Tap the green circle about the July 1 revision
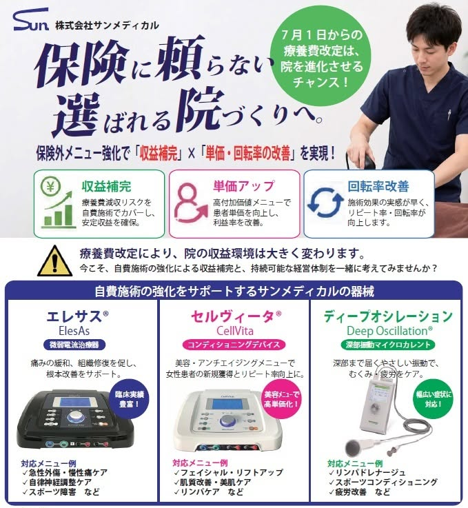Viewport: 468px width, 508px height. [x=321, y=56]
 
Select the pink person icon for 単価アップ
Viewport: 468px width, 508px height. [x=190, y=203]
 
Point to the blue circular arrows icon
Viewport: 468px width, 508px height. [x=325, y=202]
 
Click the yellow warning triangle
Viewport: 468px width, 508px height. [x=54, y=261]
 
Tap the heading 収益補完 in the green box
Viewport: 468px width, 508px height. [x=106, y=187]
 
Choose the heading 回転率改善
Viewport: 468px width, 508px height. [x=378, y=186]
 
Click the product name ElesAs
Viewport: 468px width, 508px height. [x=74, y=331]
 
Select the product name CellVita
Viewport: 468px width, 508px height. [x=235, y=331]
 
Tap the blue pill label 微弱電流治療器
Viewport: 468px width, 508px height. [x=74, y=345]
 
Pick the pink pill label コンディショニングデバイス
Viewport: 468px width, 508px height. [x=234, y=345]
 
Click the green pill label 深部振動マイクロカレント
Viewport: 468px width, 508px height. [x=388, y=345]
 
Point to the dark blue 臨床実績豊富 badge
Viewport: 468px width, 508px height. [x=129, y=399]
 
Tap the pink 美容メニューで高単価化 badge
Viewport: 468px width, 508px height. [x=281, y=399]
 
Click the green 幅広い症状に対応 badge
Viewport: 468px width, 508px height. [x=433, y=399]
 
